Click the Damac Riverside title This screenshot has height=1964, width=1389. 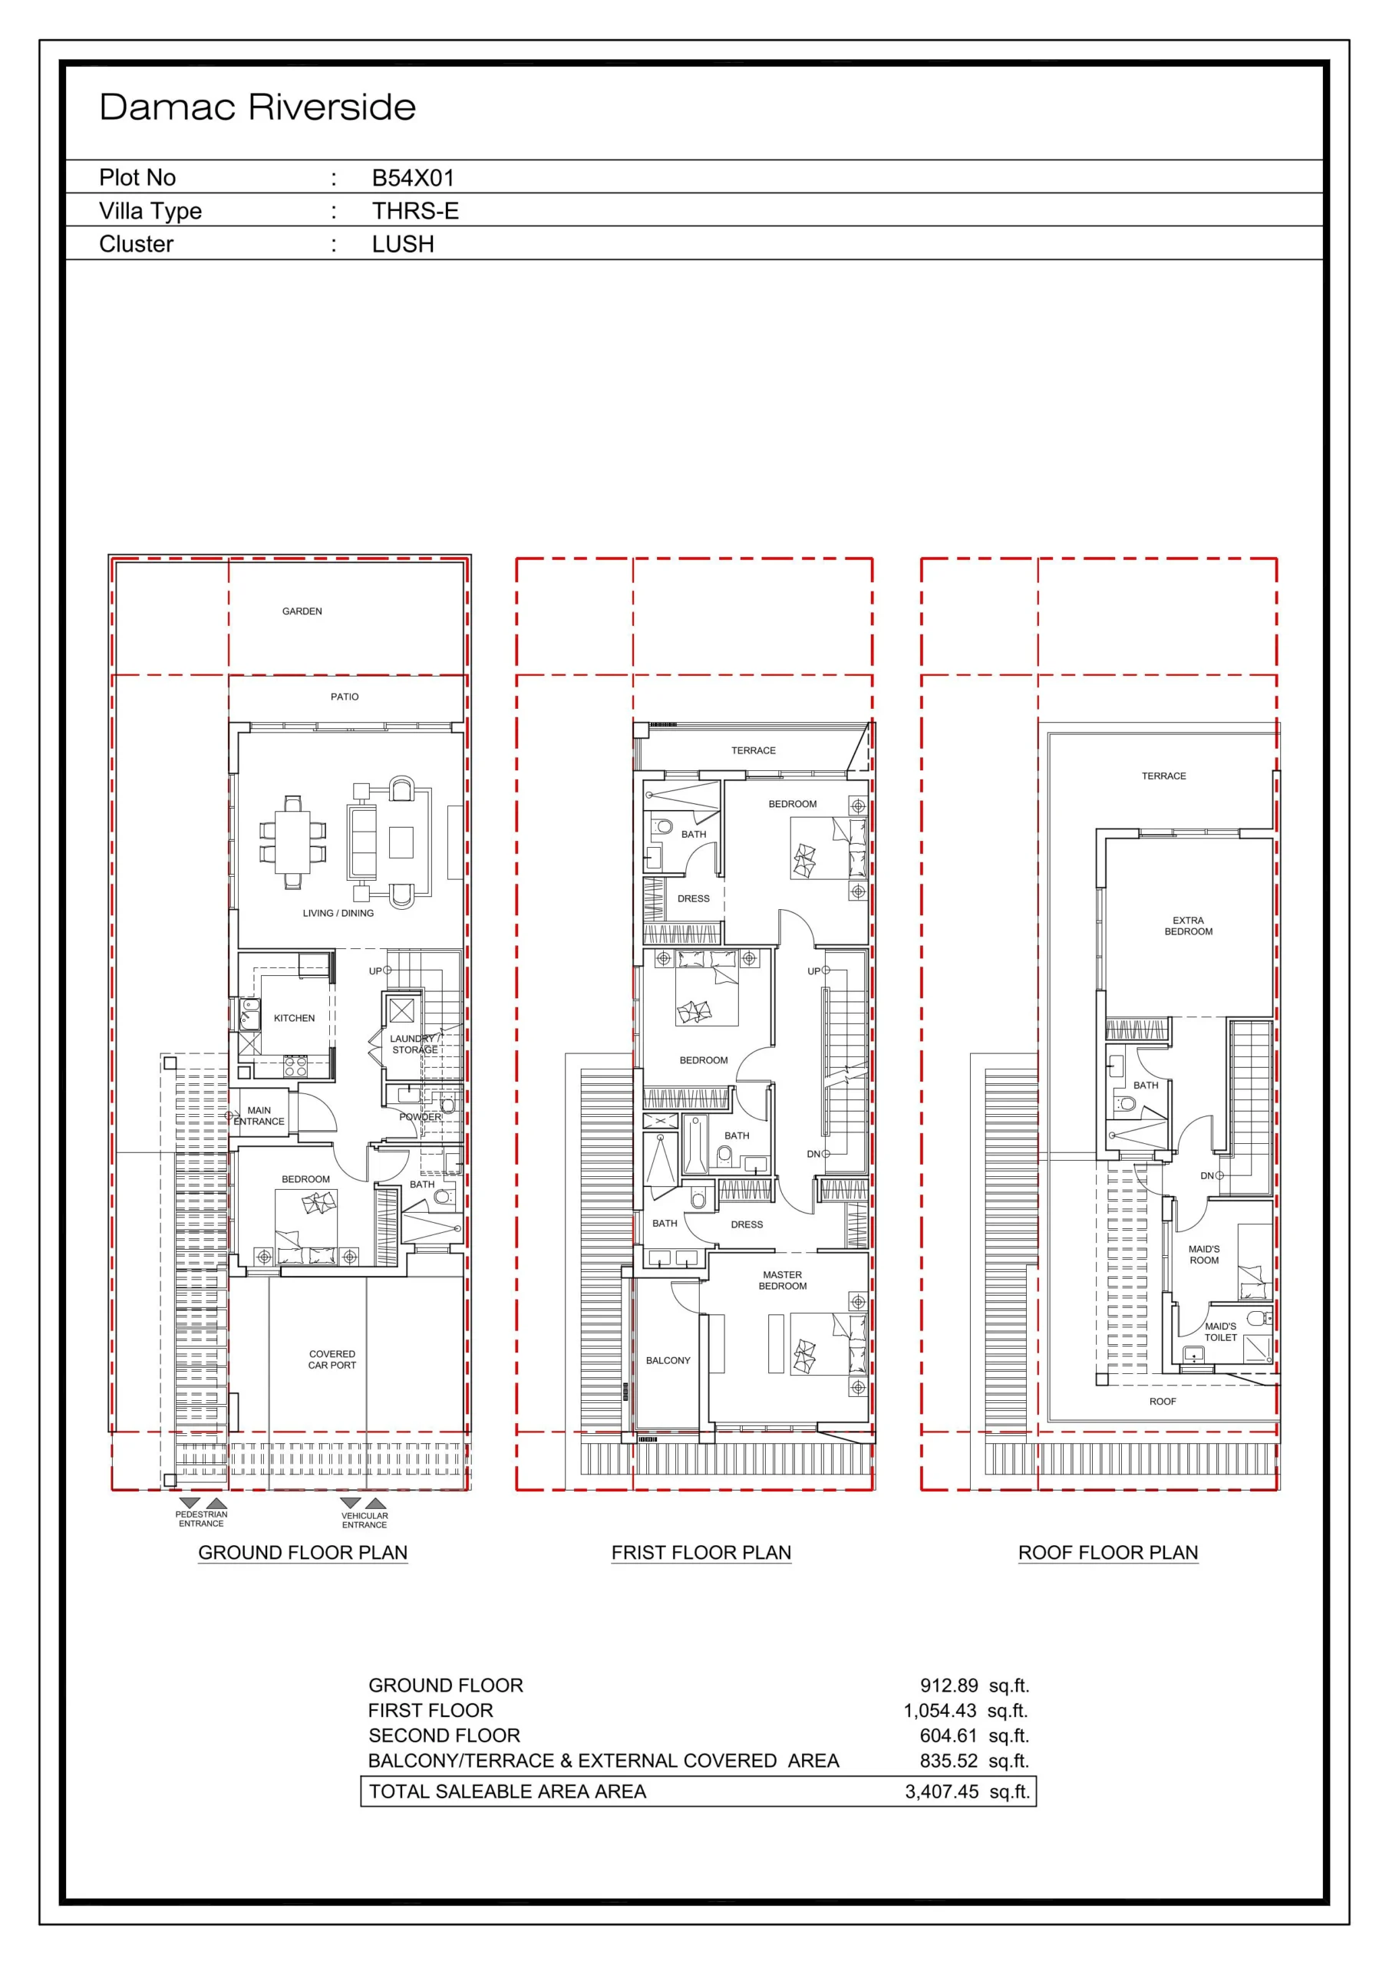[258, 107]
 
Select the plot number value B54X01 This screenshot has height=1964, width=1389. [414, 178]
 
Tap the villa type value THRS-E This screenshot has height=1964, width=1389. [415, 210]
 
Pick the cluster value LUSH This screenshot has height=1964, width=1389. [403, 244]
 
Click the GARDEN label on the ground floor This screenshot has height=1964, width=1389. [302, 611]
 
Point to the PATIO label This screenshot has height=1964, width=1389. [345, 697]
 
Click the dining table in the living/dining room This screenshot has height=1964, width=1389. [292, 842]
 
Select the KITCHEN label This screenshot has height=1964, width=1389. [295, 1018]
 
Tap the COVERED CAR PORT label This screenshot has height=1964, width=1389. [332, 1359]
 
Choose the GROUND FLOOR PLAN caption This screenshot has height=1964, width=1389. [303, 1552]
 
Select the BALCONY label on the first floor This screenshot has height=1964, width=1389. [668, 1360]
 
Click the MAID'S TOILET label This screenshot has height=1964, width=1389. [1220, 1332]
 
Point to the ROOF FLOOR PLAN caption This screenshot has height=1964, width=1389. [1108, 1552]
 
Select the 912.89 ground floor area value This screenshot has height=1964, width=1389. [949, 1686]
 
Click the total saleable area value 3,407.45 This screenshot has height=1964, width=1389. [942, 1791]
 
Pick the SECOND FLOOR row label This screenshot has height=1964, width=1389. [444, 1735]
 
